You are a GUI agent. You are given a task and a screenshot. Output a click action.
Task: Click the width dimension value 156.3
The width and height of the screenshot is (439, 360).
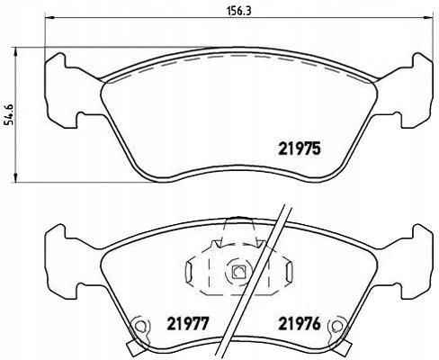click(238, 11)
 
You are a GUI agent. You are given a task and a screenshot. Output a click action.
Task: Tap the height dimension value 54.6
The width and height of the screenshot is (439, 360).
click(9, 114)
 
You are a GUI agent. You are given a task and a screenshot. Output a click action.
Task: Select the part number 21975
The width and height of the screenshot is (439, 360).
click(300, 148)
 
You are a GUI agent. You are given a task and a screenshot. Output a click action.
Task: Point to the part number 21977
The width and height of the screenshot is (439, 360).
click(187, 324)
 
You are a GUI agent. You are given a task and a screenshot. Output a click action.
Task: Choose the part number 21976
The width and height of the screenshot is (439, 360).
click(300, 324)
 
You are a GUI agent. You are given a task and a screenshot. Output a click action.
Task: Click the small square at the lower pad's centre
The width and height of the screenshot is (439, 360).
click(239, 272)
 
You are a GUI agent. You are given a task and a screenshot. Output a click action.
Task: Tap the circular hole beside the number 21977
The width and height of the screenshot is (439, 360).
click(139, 325)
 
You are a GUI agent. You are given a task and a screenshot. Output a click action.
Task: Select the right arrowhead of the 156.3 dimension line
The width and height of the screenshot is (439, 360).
click(428, 18)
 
